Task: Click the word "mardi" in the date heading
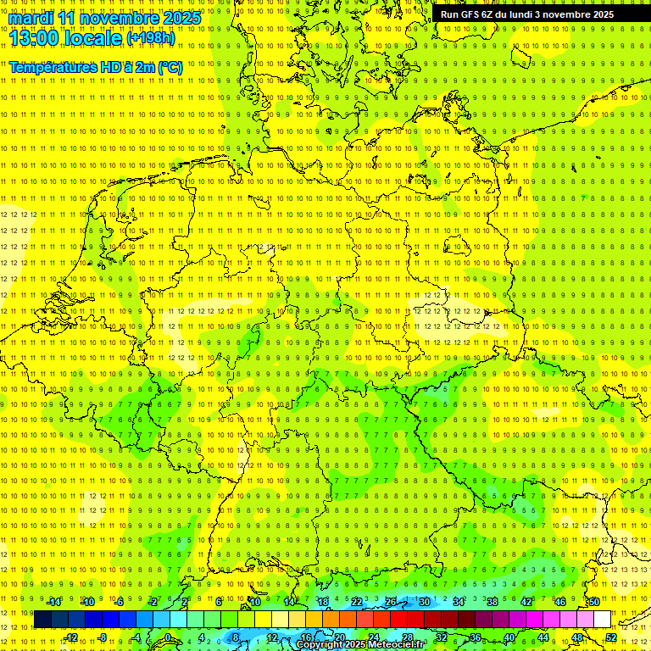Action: [x=32, y=18]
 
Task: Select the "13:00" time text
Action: [x=37, y=38]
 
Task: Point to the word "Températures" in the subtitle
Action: [x=53, y=67]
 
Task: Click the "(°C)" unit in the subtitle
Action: [x=170, y=67]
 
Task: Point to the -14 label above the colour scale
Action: [x=53, y=602]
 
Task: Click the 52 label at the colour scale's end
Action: [x=611, y=637]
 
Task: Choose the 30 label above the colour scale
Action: [x=424, y=602]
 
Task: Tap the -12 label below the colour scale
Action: [x=70, y=637]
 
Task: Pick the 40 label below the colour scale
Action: [x=509, y=637]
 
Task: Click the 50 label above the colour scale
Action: [x=594, y=602]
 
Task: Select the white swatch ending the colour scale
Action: [x=602, y=620]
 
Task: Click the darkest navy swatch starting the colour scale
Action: [x=42, y=620]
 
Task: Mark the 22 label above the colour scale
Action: [x=357, y=602]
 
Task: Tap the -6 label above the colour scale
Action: [x=120, y=602]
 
